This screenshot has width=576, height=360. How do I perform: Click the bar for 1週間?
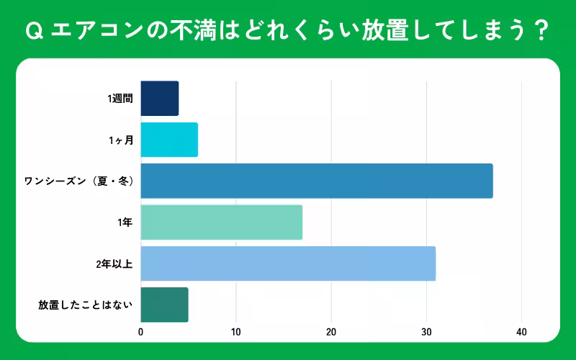coord(159,99)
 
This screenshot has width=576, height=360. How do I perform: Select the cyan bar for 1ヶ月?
coord(169,140)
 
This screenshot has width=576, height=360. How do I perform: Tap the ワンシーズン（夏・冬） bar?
coord(317,181)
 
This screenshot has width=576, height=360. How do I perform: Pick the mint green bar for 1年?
coord(221,222)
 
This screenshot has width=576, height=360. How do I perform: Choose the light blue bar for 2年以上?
coord(288,264)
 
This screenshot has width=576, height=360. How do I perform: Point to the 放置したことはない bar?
coord(164,305)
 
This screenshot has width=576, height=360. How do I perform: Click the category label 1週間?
coord(120,99)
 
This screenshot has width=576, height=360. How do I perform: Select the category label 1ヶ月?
coord(121,140)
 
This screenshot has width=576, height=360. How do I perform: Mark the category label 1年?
coord(125,223)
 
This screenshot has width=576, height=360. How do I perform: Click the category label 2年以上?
coord(114,264)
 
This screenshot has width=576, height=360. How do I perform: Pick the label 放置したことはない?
coord(86,305)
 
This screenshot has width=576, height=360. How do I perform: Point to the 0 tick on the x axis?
coord(141,332)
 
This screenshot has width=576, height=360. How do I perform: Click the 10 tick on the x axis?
coord(236,332)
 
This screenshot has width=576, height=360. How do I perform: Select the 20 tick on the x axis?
coord(331,332)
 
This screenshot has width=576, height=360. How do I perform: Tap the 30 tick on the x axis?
coord(426,332)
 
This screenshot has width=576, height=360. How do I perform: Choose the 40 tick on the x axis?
coord(521,332)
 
